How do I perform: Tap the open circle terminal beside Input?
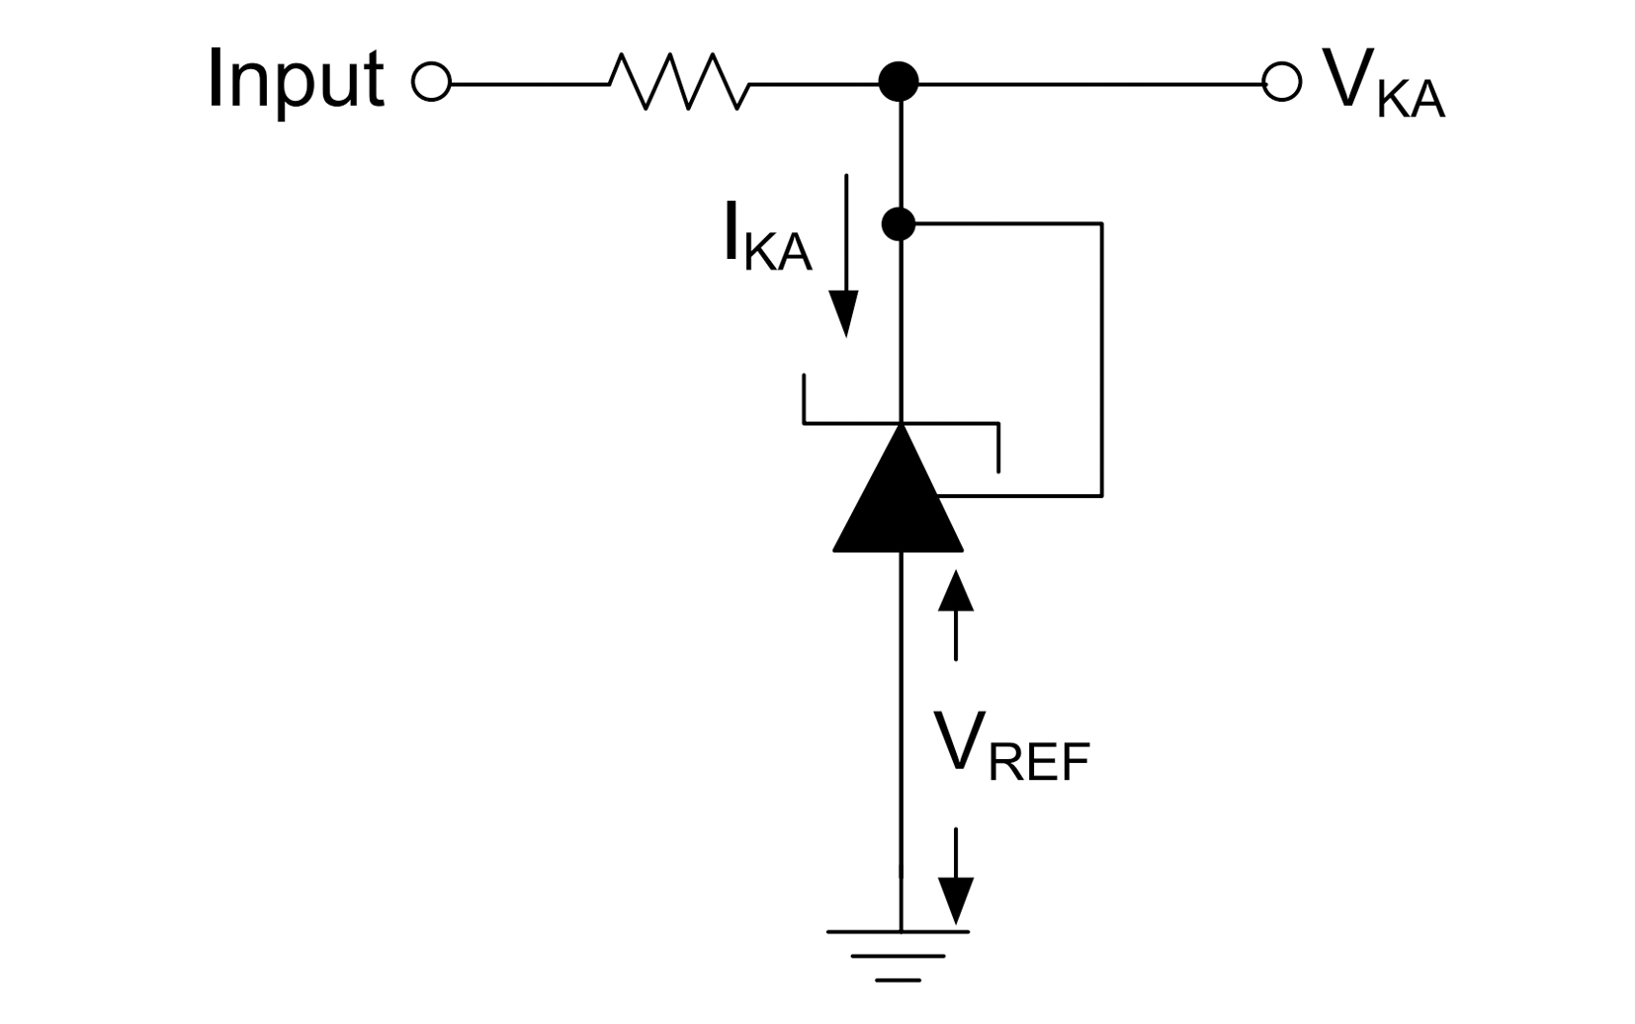point(431,82)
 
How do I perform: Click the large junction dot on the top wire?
point(899,82)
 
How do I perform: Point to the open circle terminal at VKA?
point(1282,82)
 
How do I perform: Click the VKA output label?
point(1382,84)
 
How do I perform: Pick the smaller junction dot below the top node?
point(898,224)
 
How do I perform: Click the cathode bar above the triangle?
point(900,424)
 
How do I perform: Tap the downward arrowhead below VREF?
point(956,899)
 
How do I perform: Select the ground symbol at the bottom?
point(899,954)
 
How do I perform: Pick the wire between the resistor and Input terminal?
point(529,84)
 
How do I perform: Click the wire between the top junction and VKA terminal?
point(1087,84)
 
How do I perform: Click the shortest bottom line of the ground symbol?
point(899,980)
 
